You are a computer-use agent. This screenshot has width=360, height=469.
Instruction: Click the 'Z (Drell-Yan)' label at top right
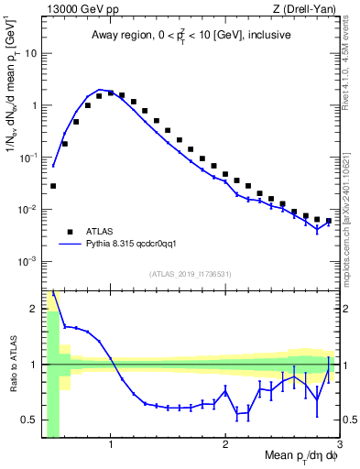pos(308,10)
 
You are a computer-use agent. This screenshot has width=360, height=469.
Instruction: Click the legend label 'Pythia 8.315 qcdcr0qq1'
pos(139,245)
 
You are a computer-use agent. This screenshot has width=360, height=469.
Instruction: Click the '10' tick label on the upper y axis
pos(31,53)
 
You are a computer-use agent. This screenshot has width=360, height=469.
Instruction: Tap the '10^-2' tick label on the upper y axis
pos(27,210)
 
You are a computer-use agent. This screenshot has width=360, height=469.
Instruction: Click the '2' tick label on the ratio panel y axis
pos(34,308)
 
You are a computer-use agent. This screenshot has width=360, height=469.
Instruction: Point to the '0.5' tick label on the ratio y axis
pos(30,421)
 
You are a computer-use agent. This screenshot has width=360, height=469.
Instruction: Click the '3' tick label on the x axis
pos(339,446)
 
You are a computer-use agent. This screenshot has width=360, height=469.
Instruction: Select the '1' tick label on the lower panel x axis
pos(111,446)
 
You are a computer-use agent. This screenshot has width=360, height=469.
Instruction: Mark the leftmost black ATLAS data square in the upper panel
pos(53,186)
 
